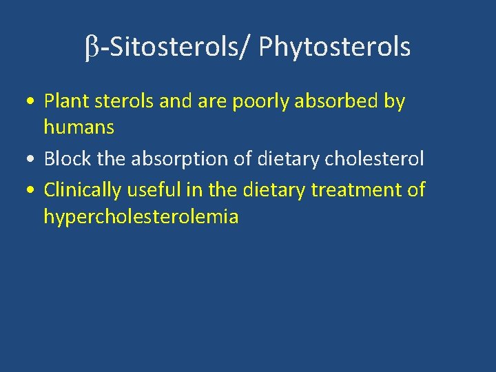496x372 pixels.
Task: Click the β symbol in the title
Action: pos(92,48)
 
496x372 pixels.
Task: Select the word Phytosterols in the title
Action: pos(335,48)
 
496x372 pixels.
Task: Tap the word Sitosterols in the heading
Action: pos(171,48)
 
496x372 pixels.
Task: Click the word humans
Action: pos(79,127)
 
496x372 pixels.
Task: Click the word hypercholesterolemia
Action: pos(141,217)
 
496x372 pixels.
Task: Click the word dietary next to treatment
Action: pos(274,188)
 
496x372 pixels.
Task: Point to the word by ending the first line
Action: pos(394,101)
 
